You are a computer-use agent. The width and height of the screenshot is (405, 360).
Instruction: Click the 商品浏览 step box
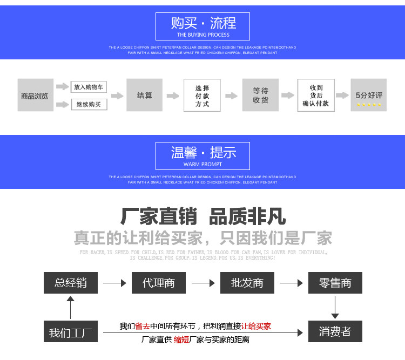35,96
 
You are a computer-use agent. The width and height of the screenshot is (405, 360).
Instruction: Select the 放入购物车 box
89,87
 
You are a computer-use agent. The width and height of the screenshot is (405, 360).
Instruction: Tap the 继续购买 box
89,104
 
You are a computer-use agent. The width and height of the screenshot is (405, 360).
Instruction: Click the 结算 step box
145,96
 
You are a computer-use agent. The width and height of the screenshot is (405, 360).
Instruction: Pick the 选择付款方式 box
202,96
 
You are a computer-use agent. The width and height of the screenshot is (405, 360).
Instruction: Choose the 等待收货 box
260,96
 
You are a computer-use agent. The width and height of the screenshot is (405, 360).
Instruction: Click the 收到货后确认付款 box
316,96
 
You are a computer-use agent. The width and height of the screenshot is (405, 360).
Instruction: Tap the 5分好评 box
368,95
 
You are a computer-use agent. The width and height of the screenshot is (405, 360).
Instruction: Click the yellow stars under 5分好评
368,104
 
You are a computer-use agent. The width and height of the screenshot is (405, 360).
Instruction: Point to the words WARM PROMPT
203,164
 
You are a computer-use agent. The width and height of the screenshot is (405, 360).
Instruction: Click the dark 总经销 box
71,283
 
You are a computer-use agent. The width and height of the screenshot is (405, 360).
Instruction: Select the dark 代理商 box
159,283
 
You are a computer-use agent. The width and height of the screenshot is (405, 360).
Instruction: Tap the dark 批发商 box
247,283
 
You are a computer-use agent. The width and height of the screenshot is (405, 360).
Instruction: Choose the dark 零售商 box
335,283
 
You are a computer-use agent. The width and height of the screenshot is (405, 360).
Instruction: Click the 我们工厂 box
71,332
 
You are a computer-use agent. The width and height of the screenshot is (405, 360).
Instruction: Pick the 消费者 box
335,331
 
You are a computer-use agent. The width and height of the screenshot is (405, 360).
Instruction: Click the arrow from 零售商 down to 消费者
335,307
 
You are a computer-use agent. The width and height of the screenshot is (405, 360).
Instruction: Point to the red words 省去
143,326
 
